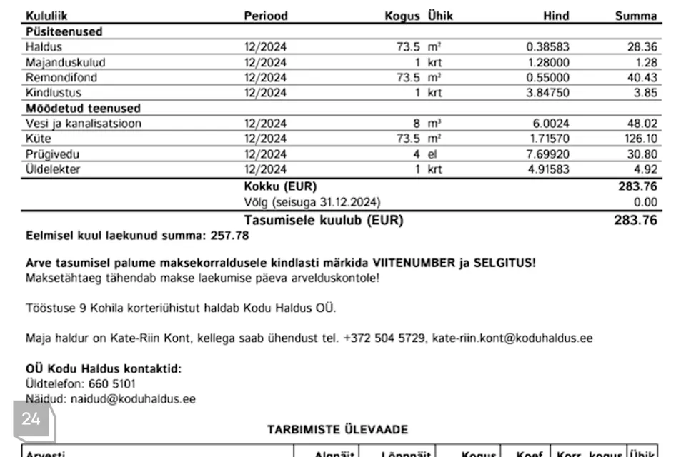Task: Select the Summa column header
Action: click(x=635, y=16)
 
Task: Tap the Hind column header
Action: click(x=556, y=16)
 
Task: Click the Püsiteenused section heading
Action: click(x=64, y=31)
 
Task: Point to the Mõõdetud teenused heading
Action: click(x=83, y=108)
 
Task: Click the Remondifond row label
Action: click(x=61, y=77)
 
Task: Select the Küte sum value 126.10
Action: click(x=640, y=139)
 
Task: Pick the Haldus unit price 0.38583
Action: click(x=547, y=47)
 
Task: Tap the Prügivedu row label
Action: click(x=53, y=154)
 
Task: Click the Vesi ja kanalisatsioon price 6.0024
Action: click(x=551, y=124)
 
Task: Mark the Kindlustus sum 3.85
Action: click(x=645, y=93)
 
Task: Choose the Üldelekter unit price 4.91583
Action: click(x=547, y=169)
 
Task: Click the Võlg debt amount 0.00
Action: click(x=645, y=202)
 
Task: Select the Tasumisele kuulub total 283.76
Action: click(x=635, y=220)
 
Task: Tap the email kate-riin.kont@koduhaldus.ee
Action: click(x=512, y=338)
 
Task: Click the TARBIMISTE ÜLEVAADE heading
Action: click(x=338, y=429)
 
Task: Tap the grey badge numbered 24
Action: click(x=31, y=419)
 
